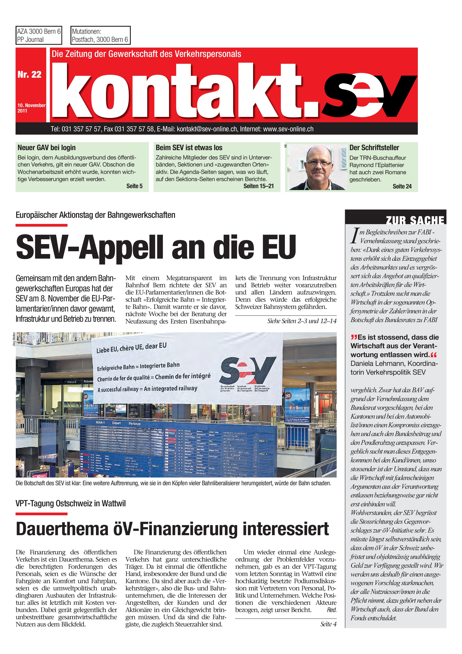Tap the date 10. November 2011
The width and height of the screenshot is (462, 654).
[x=31, y=108]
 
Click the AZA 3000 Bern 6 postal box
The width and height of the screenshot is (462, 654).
[x=39, y=35]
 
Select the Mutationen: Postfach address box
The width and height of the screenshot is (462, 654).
[x=100, y=35]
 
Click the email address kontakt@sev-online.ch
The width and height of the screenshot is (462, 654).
[x=207, y=129]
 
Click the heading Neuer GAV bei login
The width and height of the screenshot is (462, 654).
[x=47, y=148]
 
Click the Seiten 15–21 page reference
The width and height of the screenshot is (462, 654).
[x=258, y=186]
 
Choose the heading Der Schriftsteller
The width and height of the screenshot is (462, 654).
[x=374, y=148]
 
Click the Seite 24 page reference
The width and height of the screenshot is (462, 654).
[x=402, y=186]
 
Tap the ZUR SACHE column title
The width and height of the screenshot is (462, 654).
[x=415, y=220]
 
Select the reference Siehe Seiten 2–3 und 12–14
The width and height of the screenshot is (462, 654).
[x=302, y=321]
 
